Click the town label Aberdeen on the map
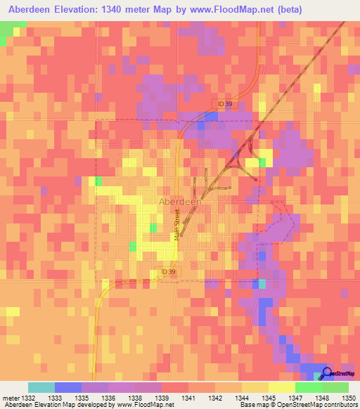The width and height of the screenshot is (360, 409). tap(180, 201)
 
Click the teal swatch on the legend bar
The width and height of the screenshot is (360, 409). tap(41, 387)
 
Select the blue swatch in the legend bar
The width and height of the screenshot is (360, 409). tap(68, 387)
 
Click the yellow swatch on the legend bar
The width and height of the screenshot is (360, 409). tap(281, 387)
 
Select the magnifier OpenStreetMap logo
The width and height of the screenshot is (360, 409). tap(325, 374)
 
